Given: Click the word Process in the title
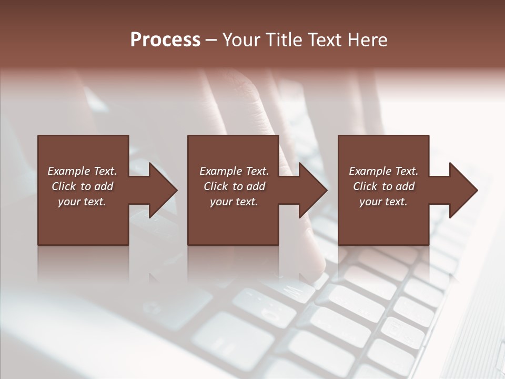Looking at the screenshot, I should [165, 40].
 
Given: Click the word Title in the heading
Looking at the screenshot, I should [282, 40].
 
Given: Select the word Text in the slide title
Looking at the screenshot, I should [325, 40].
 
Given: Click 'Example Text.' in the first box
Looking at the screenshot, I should [82, 171].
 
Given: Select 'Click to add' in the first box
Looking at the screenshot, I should [82, 186].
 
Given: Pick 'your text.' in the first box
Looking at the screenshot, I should [82, 202].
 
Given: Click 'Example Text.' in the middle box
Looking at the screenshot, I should [234, 171].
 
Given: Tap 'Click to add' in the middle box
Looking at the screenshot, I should [234, 186].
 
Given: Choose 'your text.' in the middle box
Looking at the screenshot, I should [234, 202].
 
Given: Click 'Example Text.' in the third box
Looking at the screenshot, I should [383, 171].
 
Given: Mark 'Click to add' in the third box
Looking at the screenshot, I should [383, 186].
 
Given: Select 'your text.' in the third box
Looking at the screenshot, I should [383, 202].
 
